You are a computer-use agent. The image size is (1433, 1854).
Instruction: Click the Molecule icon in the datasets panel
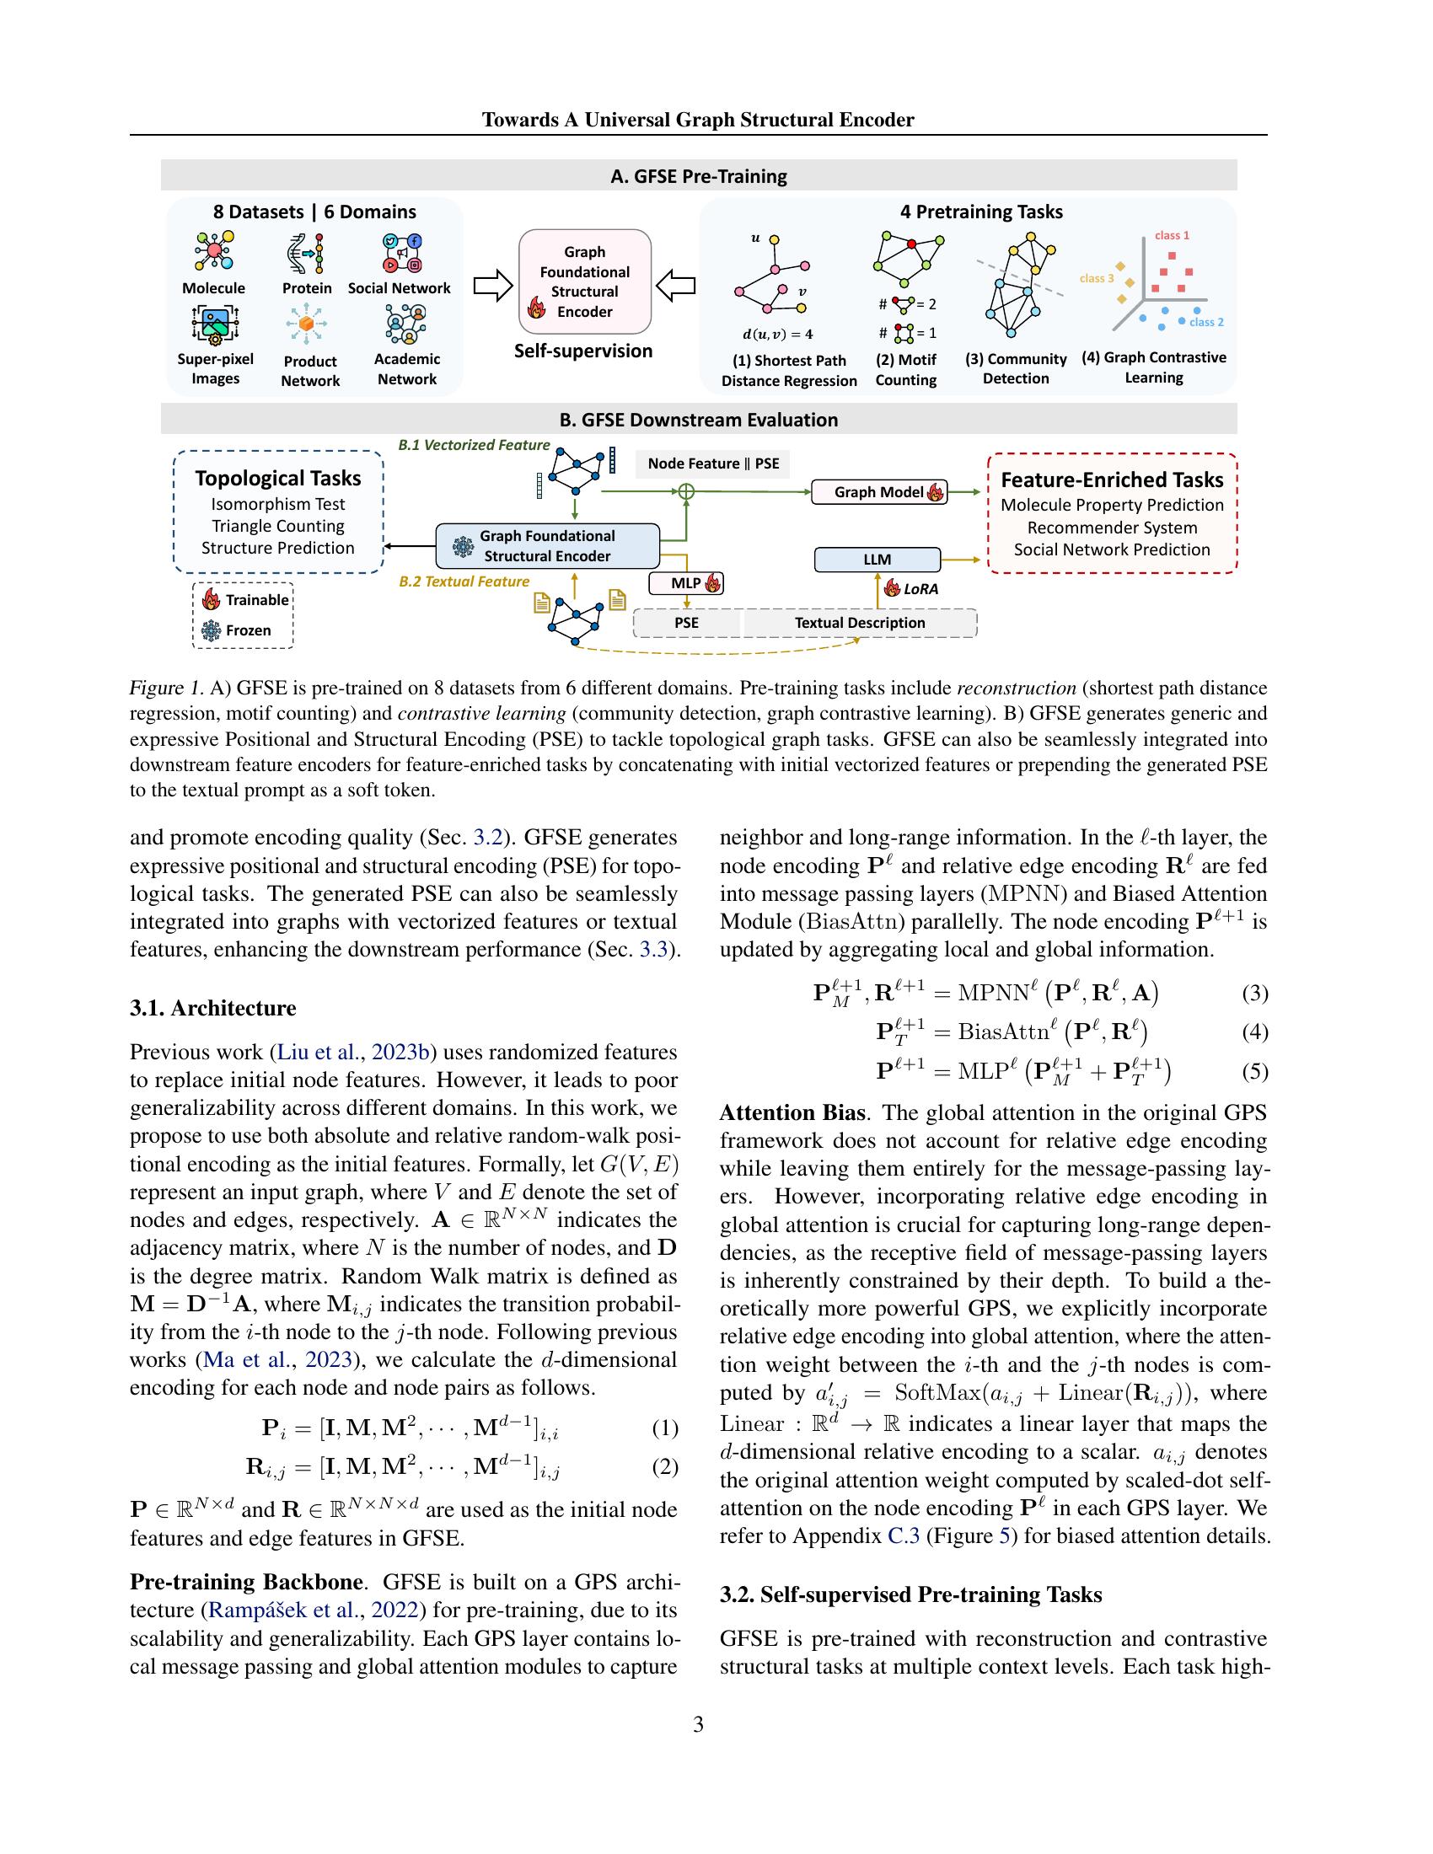coord(214,253)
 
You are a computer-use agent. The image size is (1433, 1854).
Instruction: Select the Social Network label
coord(399,287)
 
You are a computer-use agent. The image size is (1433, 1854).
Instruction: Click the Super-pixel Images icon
coord(215,324)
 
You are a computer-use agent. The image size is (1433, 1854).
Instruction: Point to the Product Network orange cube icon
coord(308,324)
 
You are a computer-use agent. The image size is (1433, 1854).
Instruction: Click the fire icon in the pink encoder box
coord(536,308)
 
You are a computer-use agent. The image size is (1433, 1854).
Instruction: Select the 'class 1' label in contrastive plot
coord(1172,235)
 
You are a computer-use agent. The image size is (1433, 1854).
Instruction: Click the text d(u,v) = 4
coord(778,334)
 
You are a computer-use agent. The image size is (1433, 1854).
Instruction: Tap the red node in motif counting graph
coord(911,244)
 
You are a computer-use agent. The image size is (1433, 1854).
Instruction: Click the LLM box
coord(877,560)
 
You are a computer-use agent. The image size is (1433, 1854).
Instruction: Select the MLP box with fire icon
coord(686,583)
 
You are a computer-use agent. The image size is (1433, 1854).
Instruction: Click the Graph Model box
coord(878,491)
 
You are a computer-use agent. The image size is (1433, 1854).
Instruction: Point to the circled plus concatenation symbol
coord(686,491)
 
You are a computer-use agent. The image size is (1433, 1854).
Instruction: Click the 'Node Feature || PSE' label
coord(713,463)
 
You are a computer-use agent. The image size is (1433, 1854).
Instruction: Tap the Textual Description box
coord(859,622)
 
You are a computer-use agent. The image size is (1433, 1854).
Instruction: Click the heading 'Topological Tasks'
coord(277,478)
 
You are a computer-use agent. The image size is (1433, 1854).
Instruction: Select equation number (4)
coord(1255,1031)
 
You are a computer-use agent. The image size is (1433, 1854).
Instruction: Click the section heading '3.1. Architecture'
coord(213,1008)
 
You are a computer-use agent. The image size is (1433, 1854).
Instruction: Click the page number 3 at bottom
coord(698,1724)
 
